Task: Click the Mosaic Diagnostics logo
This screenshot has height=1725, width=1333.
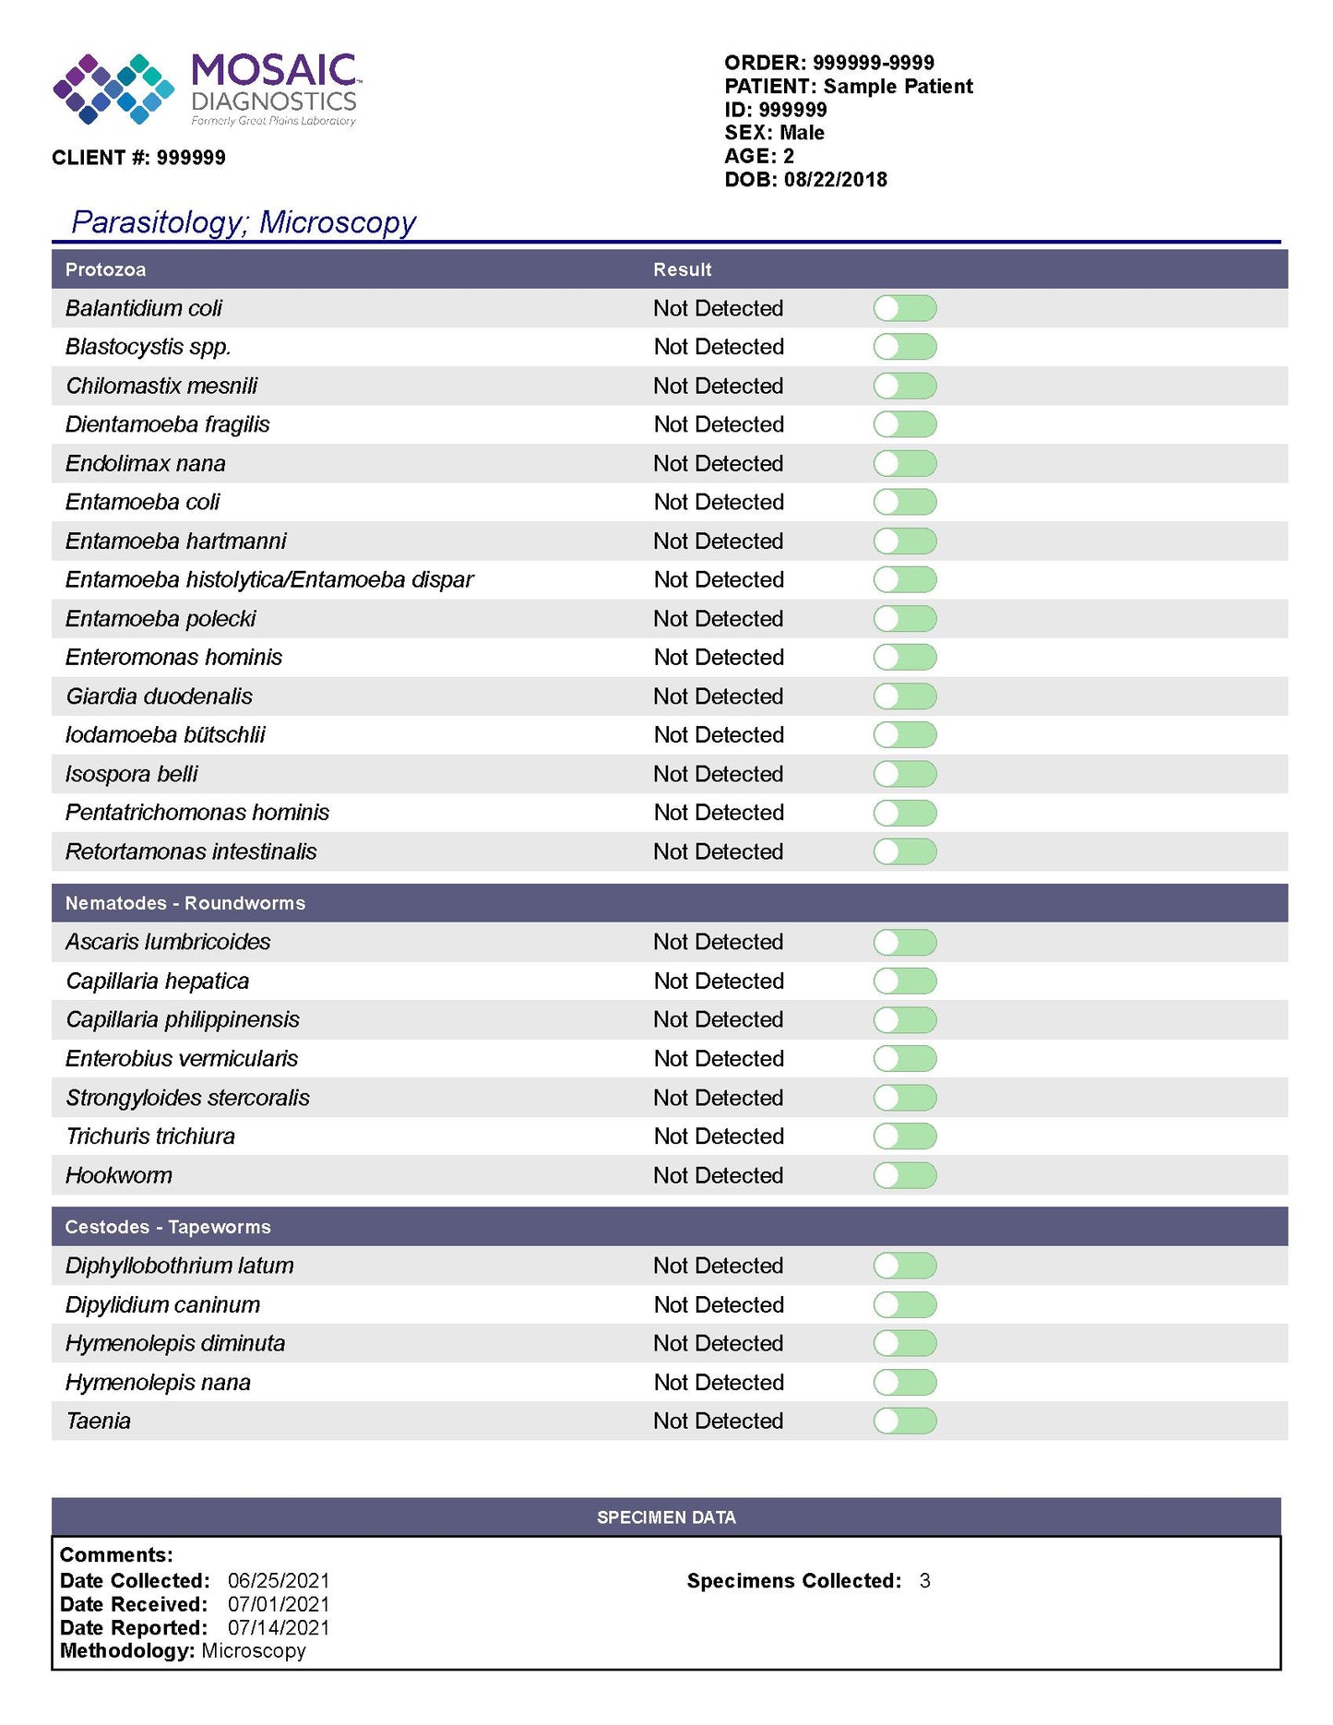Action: point(206,89)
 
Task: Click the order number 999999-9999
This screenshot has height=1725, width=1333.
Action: point(873,63)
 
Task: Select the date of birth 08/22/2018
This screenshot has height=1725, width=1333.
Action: point(835,179)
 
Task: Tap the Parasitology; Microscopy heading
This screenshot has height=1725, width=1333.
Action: point(244,222)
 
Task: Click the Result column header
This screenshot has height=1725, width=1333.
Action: point(682,269)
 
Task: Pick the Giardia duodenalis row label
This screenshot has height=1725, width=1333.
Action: point(159,696)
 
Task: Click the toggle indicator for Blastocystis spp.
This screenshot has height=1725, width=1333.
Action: point(904,347)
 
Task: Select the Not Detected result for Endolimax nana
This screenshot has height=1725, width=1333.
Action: point(718,463)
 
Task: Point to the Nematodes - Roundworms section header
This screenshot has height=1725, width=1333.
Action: point(184,903)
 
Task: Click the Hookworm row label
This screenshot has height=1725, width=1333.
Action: point(118,1175)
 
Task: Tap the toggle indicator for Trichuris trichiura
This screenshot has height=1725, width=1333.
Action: point(904,1136)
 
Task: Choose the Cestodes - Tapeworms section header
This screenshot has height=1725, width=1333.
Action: point(167,1227)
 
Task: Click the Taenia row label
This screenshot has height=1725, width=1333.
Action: point(98,1422)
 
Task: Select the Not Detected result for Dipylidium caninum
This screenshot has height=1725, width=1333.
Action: point(719,1305)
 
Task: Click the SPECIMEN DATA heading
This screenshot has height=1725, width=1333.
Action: point(666,1517)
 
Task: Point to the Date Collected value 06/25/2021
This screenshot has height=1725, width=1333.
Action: point(279,1581)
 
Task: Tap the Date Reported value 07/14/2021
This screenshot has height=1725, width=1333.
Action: point(279,1628)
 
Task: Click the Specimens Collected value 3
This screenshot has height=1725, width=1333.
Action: point(924,1581)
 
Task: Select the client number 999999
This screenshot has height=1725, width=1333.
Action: point(190,158)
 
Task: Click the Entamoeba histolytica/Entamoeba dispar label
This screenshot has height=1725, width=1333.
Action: point(268,580)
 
